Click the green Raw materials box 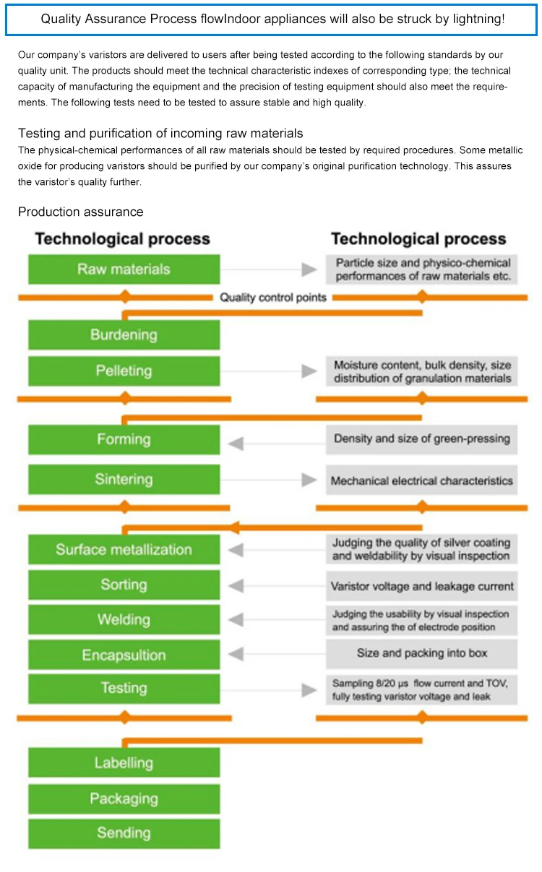tap(124, 269)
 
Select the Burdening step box tap(124, 334)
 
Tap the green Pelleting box tap(124, 371)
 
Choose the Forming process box tap(124, 439)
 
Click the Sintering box tap(124, 479)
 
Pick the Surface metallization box tap(124, 550)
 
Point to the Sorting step tap(124, 584)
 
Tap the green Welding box tap(124, 620)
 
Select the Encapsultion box tap(124, 655)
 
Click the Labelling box tap(124, 763)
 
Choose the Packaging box tap(124, 798)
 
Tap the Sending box tap(124, 833)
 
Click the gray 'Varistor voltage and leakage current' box tap(422, 586)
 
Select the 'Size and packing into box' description tap(422, 653)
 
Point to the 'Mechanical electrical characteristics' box tap(422, 480)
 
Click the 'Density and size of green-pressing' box tap(422, 439)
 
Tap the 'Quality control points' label tap(273, 297)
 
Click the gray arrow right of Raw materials tap(309, 269)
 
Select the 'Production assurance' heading tap(81, 212)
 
